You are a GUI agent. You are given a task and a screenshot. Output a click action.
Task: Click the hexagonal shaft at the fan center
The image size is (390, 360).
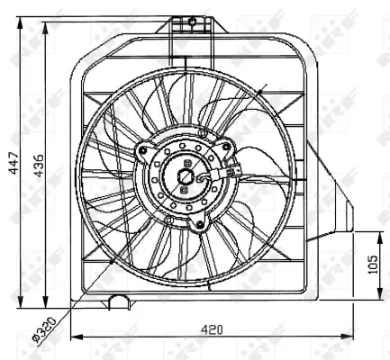pyautogui.click(x=186, y=176)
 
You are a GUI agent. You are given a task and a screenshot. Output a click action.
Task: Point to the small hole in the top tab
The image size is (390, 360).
pyautogui.click(x=191, y=20)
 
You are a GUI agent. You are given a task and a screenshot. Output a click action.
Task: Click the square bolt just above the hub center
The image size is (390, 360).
pyautogui.click(x=186, y=163)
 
